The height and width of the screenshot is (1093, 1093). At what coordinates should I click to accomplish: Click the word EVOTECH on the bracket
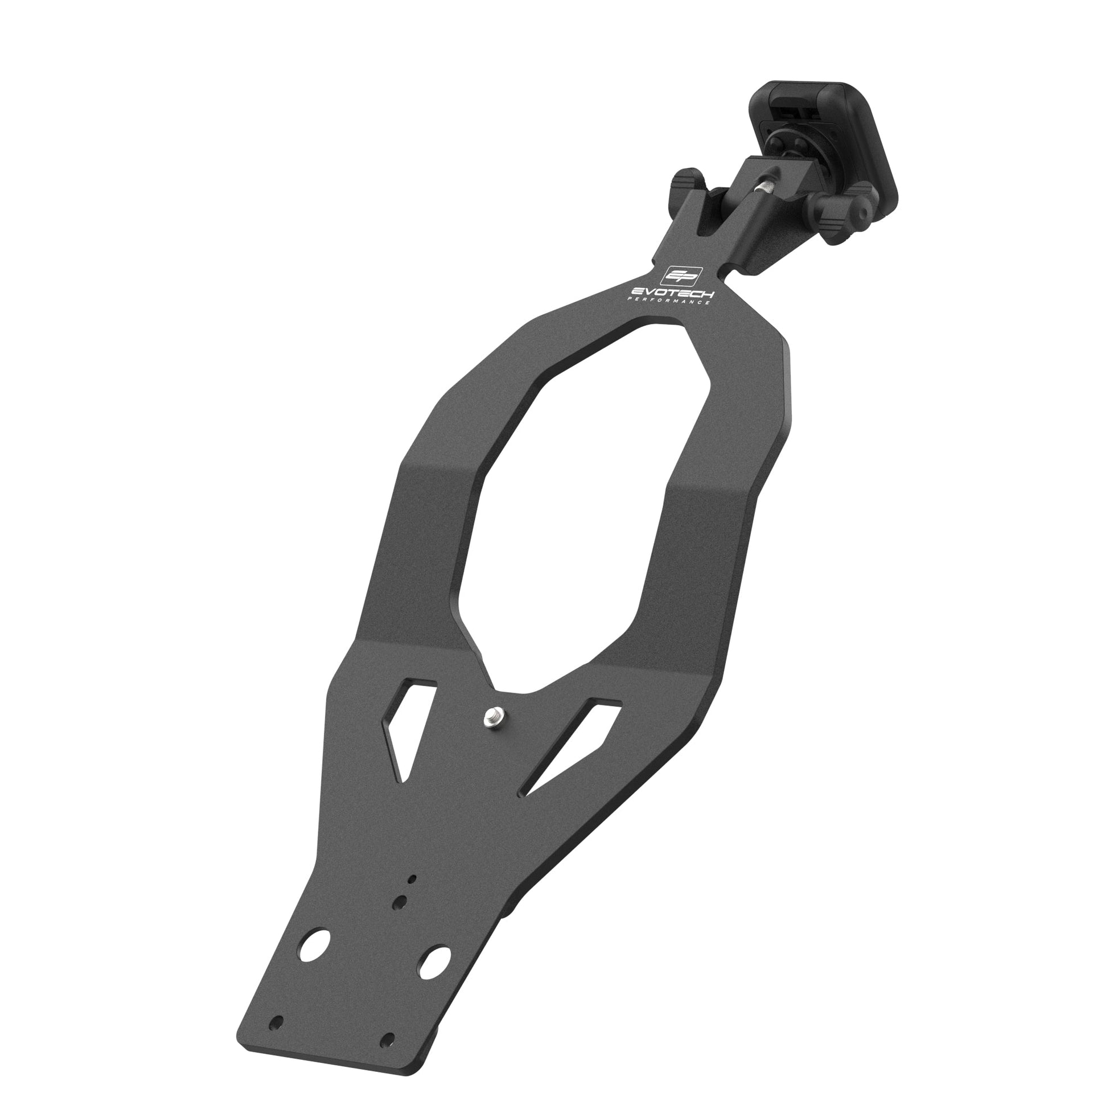click(673, 292)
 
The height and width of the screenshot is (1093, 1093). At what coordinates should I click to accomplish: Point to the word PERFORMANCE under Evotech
click(667, 300)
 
